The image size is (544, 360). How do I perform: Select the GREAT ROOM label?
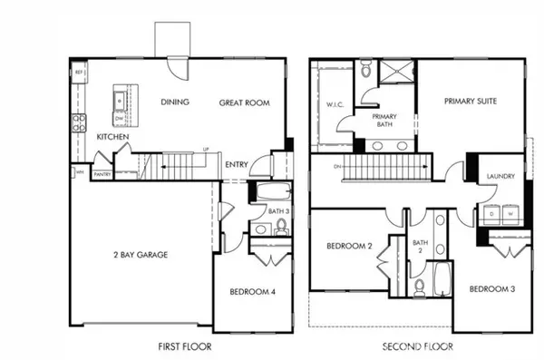(245, 102)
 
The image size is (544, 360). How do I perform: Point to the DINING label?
(175, 102)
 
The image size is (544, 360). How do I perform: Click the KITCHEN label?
(112, 137)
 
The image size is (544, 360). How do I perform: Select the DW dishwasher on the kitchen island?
(120, 117)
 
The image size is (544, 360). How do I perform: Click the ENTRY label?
(237, 164)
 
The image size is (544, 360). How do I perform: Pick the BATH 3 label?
(277, 211)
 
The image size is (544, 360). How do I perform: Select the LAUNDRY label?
(501, 177)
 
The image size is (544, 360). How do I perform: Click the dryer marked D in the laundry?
(493, 213)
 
